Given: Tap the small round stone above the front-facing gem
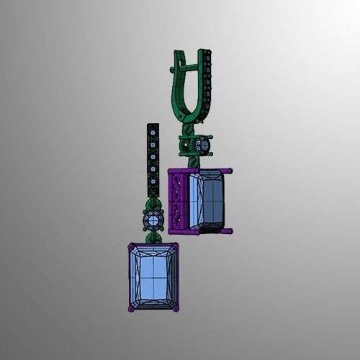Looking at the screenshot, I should click(x=153, y=219).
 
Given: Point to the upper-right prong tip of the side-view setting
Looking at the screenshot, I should click(x=230, y=170).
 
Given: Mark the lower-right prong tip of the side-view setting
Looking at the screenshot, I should click(x=230, y=231).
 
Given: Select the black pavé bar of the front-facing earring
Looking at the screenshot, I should click(x=153, y=162).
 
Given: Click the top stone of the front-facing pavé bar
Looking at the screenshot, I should click(x=153, y=130).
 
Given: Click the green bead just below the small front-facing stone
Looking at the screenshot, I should click(x=153, y=236).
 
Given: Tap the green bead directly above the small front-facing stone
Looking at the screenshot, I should click(x=153, y=204).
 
